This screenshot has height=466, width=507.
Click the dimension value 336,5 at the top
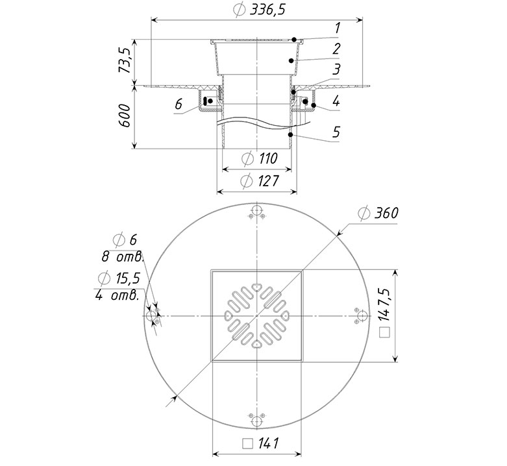[x=267, y=10]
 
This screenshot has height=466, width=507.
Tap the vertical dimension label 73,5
[x=125, y=61]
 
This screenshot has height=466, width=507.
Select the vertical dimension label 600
[x=125, y=116]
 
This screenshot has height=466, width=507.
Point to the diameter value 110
[x=268, y=158]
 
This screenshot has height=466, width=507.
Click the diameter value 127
[x=268, y=180]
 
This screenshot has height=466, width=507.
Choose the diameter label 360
[x=386, y=214]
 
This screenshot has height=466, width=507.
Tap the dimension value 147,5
[x=385, y=304]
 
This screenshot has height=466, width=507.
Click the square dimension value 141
[x=268, y=443]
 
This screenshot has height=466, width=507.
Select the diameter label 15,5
[x=128, y=278]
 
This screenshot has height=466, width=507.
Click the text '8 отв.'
[x=123, y=257]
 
